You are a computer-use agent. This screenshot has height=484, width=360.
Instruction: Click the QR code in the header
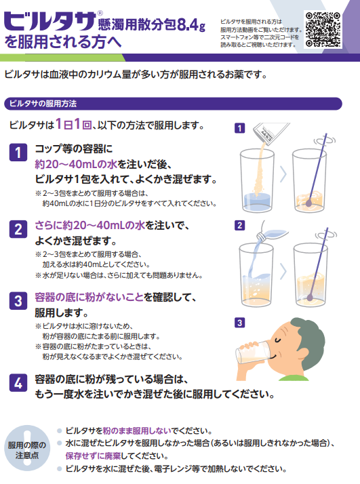(x=323, y=30)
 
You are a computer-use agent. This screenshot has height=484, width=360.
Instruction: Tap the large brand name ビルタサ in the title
(x=50, y=22)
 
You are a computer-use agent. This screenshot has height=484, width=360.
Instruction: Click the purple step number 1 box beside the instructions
(x=18, y=152)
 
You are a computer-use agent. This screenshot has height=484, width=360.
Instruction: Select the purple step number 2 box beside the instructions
(x=18, y=229)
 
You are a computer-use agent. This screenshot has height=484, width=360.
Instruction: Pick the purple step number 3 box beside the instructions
(x=18, y=301)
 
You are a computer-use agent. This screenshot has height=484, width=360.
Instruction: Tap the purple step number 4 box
(x=18, y=383)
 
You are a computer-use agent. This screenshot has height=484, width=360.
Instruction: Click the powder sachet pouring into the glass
(x=271, y=132)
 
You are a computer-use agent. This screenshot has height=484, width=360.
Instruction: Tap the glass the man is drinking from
(x=253, y=353)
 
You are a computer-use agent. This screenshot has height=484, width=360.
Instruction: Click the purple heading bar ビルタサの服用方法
(x=173, y=104)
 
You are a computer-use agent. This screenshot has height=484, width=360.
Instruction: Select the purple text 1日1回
(x=73, y=125)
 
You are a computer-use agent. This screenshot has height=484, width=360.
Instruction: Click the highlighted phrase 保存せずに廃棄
(x=94, y=456)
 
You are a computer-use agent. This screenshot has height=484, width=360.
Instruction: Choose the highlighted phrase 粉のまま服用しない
(x=137, y=430)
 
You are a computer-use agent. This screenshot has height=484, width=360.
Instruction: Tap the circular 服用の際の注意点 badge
(x=27, y=448)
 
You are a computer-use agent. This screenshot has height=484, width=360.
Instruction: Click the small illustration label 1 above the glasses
(x=239, y=128)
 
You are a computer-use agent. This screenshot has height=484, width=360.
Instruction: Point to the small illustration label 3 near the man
(x=239, y=323)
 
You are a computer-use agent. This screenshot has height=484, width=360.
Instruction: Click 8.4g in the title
(x=191, y=25)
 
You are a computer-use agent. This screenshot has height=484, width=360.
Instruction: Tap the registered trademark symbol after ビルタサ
(x=100, y=14)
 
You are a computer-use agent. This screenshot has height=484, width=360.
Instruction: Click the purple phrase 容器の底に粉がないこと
(x=89, y=298)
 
